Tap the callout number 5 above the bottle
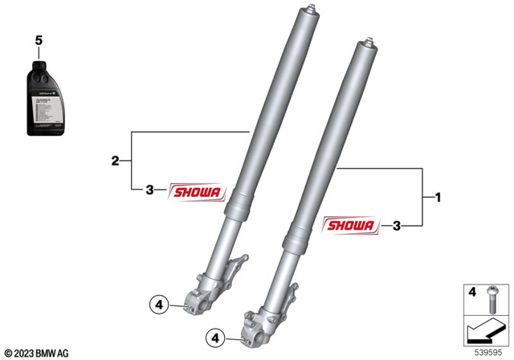click(36, 39)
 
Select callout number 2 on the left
click(115, 162)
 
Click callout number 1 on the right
click(438, 196)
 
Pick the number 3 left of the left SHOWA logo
click(149, 190)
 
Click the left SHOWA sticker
click(198, 190)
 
